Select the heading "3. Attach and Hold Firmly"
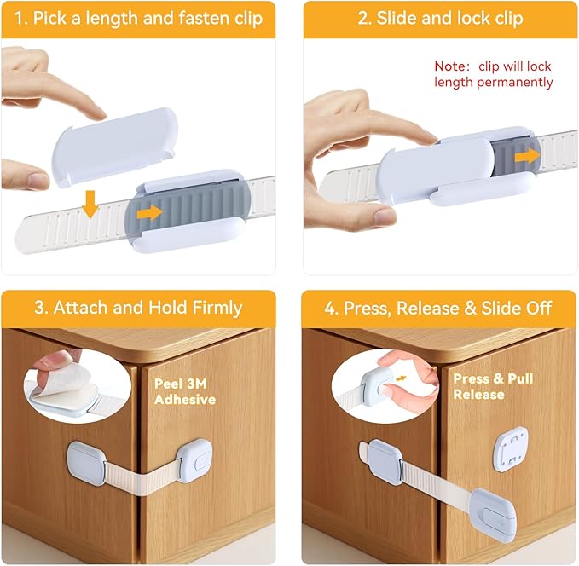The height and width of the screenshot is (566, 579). pyautogui.click(x=138, y=308)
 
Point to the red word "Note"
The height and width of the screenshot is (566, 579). pyautogui.click(x=451, y=66)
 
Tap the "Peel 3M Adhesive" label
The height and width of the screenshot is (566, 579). pyautogui.click(x=185, y=391)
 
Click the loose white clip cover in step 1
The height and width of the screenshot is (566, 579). pyautogui.click(x=116, y=144)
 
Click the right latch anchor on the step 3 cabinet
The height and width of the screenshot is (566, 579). pyautogui.click(x=194, y=460)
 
